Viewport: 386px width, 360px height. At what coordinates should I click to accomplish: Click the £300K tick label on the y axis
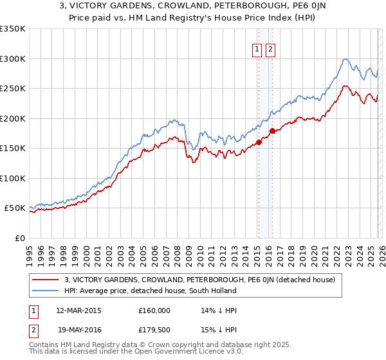pyautogui.click(x=13, y=59)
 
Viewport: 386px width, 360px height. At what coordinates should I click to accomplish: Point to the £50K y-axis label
pyautogui.click(x=15, y=208)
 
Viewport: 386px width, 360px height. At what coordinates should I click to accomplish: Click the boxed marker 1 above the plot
pyautogui.click(x=257, y=49)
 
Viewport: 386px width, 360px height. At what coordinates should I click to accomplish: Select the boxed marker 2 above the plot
pyautogui.click(x=270, y=49)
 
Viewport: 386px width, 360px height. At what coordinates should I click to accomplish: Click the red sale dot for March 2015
pyautogui.click(x=258, y=143)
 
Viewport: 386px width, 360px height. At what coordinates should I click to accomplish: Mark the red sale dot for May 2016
pyautogui.click(x=271, y=130)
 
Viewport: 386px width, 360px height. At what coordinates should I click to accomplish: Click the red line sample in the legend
pyautogui.click(x=45, y=280)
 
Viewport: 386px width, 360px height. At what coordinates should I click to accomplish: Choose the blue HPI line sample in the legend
pyautogui.click(x=45, y=291)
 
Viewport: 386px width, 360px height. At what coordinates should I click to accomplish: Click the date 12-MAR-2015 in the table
pyautogui.click(x=78, y=310)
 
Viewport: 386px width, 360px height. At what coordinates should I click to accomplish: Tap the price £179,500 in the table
pyautogui.click(x=155, y=330)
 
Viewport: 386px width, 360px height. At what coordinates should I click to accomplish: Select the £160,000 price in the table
pyautogui.click(x=155, y=310)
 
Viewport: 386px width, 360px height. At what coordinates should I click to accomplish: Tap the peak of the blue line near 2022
pyautogui.click(x=345, y=59)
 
